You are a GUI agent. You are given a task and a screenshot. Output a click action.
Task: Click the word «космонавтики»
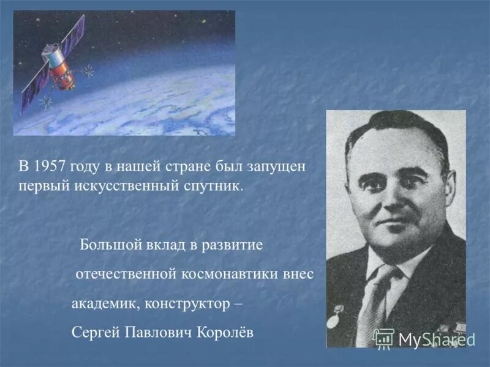click(x=225, y=275)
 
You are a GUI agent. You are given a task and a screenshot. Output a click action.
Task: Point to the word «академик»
click(x=99, y=304)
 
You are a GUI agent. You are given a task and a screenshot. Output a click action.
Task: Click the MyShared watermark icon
click(x=384, y=338)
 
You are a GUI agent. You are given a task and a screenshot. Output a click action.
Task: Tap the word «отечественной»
click(x=126, y=275)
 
